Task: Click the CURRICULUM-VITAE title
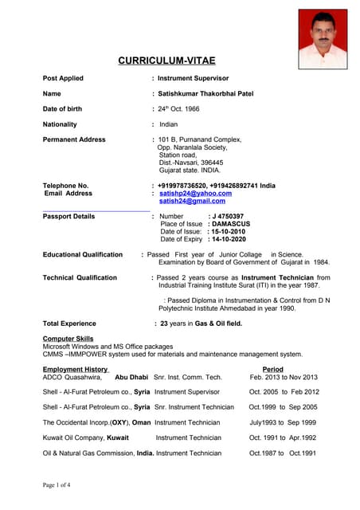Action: point(166,60)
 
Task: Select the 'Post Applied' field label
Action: point(63,79)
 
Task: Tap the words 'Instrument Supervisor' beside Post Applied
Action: point(193,79)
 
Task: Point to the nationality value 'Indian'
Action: point(168,124)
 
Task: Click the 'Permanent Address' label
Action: point(74,139)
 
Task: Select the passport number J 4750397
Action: point(226,216)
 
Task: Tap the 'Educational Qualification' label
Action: point(83,254)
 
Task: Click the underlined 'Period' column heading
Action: point(272,370)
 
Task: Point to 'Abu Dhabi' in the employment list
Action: point(131,377)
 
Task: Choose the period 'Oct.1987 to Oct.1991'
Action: point(283,453)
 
